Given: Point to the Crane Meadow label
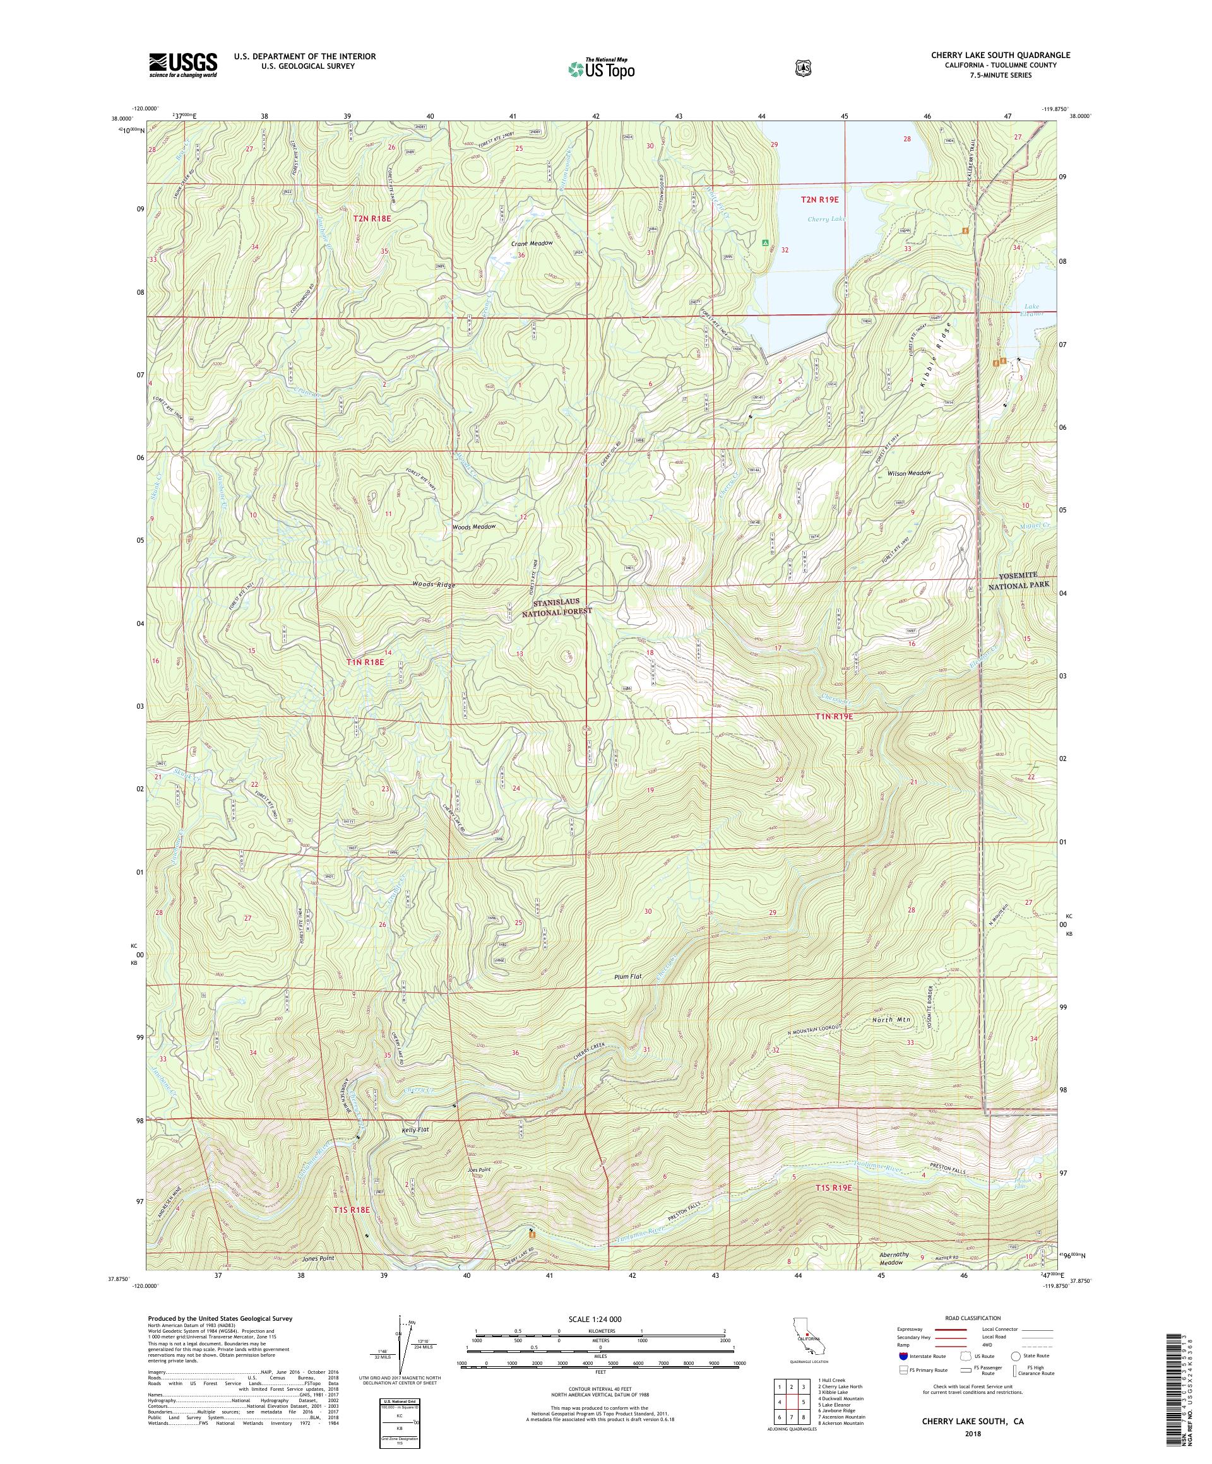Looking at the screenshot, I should pyautogui.click(x=532, y=244).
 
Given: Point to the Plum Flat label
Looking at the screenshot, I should pyautogui.click(x=627, y=977).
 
